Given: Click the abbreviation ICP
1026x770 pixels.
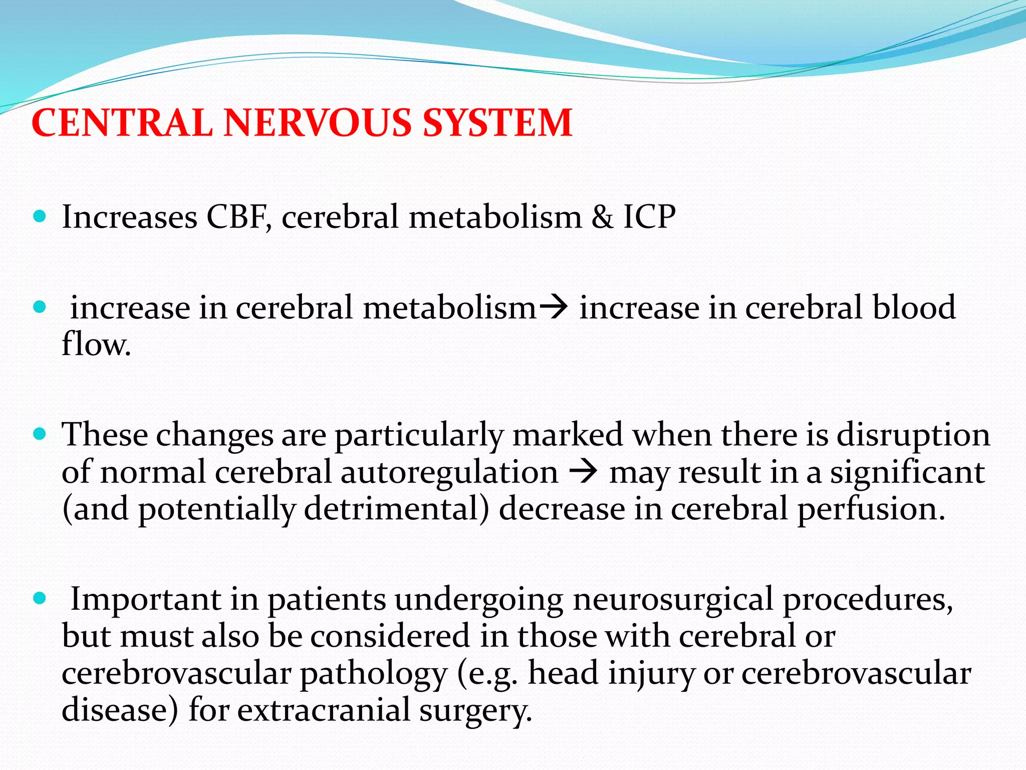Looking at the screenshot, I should pos(649,217).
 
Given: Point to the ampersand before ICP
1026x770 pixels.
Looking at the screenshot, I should pos(602,217).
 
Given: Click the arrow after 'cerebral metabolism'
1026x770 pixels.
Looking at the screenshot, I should pos(553,307).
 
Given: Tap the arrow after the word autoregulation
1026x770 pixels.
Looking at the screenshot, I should pos(584,472).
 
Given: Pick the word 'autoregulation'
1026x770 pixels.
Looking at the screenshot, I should pos(449,472).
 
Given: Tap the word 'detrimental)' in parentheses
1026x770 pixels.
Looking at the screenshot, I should pos(396,509).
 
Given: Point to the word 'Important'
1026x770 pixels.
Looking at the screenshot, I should pos(145,599).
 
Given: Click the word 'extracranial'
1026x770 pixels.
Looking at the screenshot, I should pos(324,710).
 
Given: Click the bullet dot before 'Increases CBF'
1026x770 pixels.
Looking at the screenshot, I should pos(39,217).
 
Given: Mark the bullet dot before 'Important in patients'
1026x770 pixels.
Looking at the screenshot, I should pos(39,598).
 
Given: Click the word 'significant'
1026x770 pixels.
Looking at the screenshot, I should pos(907,472).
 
